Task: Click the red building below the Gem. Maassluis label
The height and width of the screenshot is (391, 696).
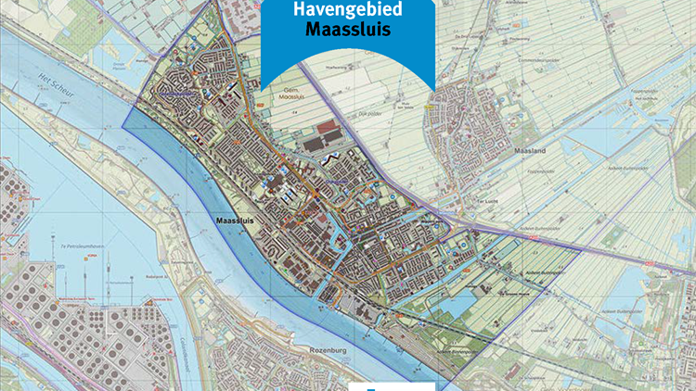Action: (328, 128)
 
